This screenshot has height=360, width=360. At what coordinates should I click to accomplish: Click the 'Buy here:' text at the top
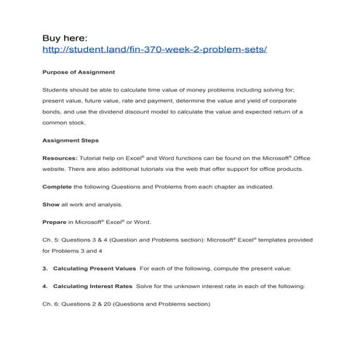(65, 36)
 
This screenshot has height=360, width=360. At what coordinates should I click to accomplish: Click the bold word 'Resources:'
(60, 157)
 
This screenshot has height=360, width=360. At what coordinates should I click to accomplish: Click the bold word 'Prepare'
(55, 221)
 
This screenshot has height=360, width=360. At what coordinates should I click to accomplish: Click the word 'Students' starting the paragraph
(55, 89)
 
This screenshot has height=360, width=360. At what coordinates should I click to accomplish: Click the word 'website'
(54, 169)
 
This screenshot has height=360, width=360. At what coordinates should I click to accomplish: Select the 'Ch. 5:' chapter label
(49, 239)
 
